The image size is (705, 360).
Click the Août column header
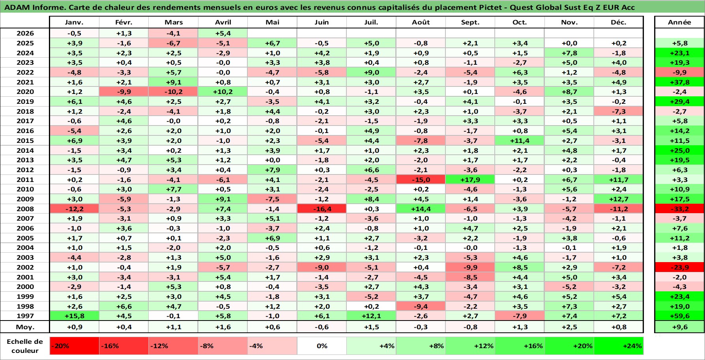(x=421, y=22)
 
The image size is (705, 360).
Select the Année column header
(x=679, y=22)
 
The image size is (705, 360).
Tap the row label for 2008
(x=25, y=209)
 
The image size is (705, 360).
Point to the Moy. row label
(x=25, y=327)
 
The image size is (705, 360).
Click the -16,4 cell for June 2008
(x=322, y=209)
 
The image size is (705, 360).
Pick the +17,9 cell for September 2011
(x=470, y=180)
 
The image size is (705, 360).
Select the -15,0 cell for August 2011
(x=421, y=180)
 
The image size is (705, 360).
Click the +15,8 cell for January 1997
(x=74, y=316)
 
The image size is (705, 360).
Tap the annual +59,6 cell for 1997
(x=679, y=316)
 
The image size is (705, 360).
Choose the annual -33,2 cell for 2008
(x=679, y=209)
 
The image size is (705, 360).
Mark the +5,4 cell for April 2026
(x=223, y=33)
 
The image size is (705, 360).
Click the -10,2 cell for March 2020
(x=173, y=92)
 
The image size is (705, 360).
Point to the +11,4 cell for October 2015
(x=520, y=141)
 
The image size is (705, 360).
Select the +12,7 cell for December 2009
(x=619, y=199)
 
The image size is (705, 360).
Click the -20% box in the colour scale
(x=74, y=346)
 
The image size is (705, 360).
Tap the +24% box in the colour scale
(x=619, y=346)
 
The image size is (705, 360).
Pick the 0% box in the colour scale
(x=322, y=346)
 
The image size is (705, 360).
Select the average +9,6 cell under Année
(x=679, y=327)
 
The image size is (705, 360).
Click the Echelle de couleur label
(x=25, y=346)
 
